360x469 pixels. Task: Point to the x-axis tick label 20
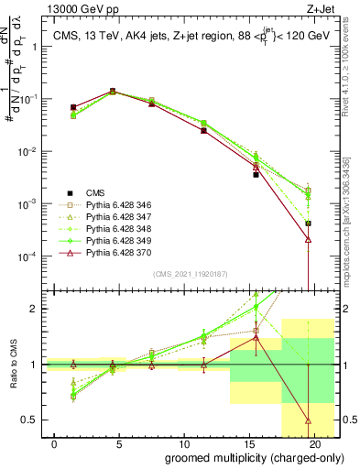315,443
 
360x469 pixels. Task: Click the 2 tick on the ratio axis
38,309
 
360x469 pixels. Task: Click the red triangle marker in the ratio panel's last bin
308,420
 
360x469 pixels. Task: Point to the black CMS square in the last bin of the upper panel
308,223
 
